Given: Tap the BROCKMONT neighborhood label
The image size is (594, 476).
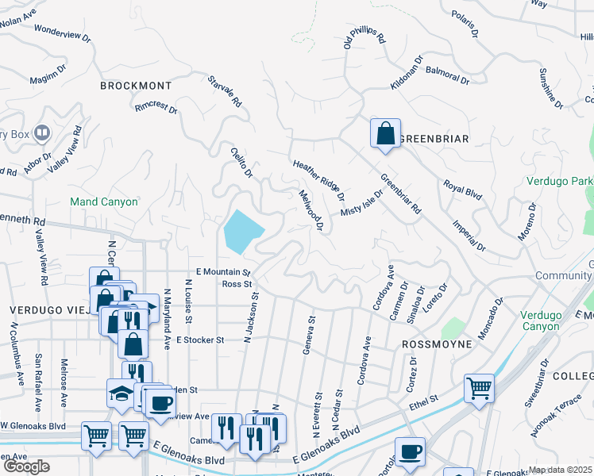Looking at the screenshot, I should pos(135,85).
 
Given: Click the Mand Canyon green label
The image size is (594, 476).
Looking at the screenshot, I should pos(104,202).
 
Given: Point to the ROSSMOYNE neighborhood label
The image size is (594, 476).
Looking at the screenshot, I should pos(437,344).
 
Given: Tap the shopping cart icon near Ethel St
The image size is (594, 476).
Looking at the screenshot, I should pos(479,389).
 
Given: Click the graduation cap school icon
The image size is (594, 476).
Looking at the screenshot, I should pos(120,393).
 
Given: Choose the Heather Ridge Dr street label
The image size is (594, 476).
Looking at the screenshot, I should pos(318,179).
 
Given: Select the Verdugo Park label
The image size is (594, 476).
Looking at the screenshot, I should pos(559,181).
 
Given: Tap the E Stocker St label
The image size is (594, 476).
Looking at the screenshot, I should pos(190,340).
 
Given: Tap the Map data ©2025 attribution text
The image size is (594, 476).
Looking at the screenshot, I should pos(560,470).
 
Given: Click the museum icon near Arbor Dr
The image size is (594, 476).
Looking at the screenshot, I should pos(41,132).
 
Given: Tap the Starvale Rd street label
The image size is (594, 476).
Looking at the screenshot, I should pos(225,92).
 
